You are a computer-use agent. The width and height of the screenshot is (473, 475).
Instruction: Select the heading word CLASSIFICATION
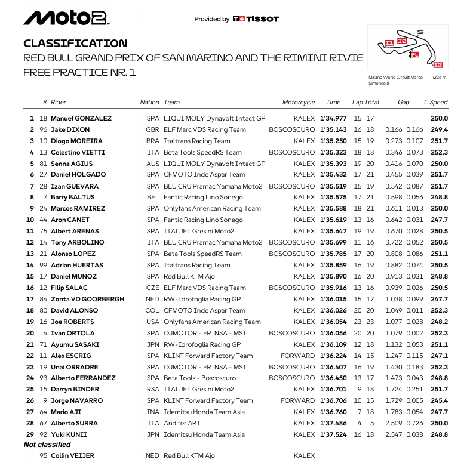(x=75, y=44)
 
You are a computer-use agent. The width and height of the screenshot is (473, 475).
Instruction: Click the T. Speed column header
(x=435, y=103)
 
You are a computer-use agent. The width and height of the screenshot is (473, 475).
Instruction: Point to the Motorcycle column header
(x=298, y=103)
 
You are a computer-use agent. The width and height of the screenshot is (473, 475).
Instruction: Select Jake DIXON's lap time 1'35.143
(x=333, y=130)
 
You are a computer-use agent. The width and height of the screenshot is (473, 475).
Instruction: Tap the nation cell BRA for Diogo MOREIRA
(x=153, y=141)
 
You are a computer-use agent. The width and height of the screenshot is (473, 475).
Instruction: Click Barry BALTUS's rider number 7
(x=45, y=198)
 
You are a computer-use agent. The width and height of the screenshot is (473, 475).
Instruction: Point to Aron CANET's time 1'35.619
(x=333, y=220)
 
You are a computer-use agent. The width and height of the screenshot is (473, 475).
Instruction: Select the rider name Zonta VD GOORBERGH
(x=88, y=299)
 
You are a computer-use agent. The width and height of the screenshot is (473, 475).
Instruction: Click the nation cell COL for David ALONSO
(x=153, y=310)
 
